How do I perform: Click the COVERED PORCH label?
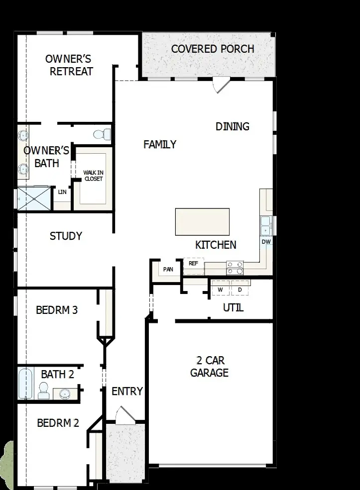coord(213,49)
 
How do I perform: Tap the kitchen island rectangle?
coord(202,222)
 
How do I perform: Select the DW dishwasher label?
coord(266,242)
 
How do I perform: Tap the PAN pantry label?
coord(168,269)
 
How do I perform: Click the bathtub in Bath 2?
coord(25,384)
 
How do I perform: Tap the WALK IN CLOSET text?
coord(93,176)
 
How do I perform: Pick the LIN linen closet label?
coord(62,192)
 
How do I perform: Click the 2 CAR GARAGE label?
coord(209,367)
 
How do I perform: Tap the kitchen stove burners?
coord(235,268)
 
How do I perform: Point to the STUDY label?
coord(66,236)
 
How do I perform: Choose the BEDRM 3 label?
coord(57,310)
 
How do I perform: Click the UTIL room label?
coord(233,307)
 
